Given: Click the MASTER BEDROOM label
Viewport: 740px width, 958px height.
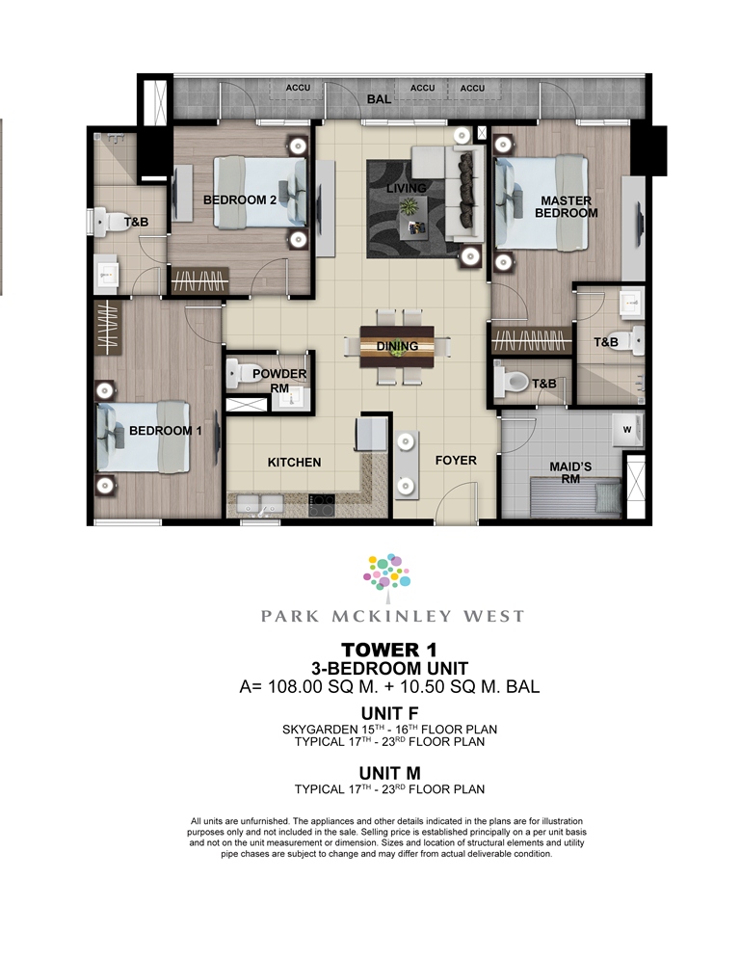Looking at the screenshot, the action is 566,206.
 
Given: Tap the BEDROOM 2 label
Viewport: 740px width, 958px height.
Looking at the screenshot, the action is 240,200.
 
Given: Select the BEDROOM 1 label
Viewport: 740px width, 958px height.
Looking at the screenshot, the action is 165,431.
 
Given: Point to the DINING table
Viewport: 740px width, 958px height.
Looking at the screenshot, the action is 397,346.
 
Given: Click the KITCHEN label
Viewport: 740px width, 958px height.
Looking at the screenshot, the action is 294,463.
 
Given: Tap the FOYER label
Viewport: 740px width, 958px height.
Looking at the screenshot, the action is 456,460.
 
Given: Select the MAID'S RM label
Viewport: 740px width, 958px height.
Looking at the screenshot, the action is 570,472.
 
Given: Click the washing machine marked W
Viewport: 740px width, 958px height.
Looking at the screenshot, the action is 627,430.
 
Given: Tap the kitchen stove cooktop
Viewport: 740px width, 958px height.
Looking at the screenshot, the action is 322,505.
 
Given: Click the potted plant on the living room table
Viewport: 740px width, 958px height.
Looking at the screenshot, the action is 407,208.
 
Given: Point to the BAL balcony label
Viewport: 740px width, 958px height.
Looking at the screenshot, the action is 379,99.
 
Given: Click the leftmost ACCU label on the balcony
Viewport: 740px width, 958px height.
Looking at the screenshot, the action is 298,88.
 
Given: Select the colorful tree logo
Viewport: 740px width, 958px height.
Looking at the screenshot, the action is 387,572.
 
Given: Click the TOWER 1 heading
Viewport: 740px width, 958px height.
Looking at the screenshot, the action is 389,650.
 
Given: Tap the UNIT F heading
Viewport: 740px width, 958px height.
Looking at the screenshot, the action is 390,713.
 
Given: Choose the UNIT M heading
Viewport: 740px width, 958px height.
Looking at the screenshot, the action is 390,774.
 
